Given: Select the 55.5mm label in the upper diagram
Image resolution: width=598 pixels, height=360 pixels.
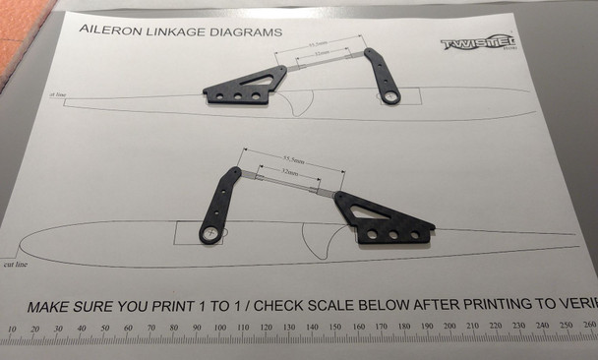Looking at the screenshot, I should pyautogui.click(x=318, y=44).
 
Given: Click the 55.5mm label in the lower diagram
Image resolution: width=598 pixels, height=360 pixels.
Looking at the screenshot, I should pyautogui.click(x=292, y=158).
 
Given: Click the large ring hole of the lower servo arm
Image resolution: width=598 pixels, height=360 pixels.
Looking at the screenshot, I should pyautogui.click(x=210, y=233).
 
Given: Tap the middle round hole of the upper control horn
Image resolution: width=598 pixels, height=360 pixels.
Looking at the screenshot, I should pyautogui.click(x=238, y=96).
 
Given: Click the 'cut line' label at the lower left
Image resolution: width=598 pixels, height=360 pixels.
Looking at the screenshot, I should pyautogui.click(x=15, y=265).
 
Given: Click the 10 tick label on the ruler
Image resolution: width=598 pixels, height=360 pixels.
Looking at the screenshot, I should pyautogui.click(x=11, y=330).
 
